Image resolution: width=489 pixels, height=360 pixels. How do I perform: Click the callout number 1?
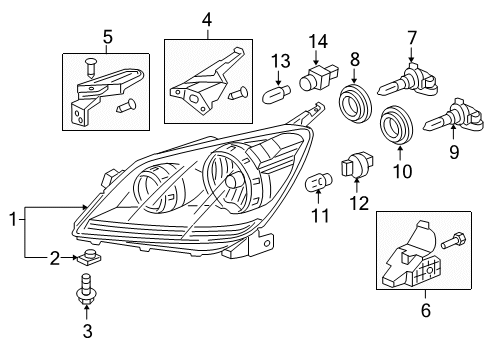point(11,217)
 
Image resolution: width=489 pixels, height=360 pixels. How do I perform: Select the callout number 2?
point(56,258)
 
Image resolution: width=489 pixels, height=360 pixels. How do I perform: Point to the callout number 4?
point(206,19)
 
